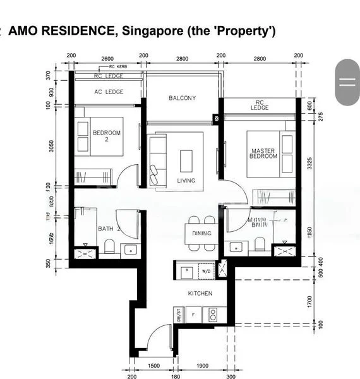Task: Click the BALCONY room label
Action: click(x=183, y=98)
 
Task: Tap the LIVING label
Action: click(x=186, y=181)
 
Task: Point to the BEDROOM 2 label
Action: click(x=106, y=136)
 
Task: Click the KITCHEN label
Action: click(x=200, y=294)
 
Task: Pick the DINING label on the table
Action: click(x=201, y=234)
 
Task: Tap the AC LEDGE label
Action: click(x=109, y=92)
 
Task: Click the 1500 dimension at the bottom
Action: click(x=153, y=366)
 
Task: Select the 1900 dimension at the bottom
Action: click(x=202, y=366)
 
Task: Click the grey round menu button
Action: click(x=347, y=81)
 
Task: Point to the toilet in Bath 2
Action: click(x=109, y=246)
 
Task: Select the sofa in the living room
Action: click(x=156, y=161)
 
